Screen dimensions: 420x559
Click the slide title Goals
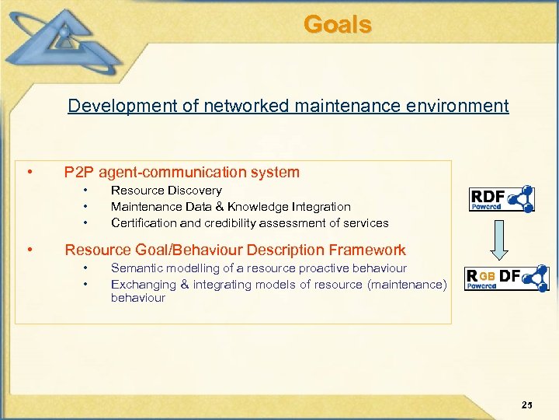coord(338,25)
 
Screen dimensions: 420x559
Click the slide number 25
coord(527,404)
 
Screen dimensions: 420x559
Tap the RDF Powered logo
coord(502,199)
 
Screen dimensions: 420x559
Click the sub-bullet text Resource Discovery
coord(166,191)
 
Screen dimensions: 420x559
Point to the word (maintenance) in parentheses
coord(406,285)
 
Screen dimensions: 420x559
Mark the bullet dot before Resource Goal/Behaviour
coord(29,250)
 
